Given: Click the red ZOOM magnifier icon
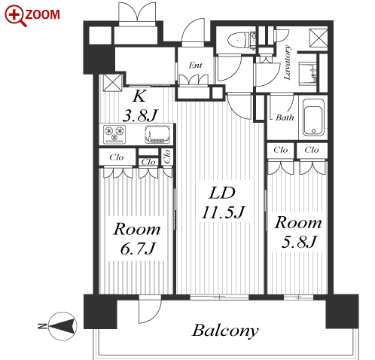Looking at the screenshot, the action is pyautogui.click(x=15, y=16).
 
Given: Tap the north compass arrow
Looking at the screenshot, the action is pyautogui.click(x=63, y=326).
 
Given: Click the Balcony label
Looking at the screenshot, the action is pyautogui.click(x=225, y=331).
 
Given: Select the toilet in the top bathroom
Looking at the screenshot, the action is pyautogui.click(x=242, y=40).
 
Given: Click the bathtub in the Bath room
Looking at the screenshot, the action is pyautogui.click(x=313, y=117).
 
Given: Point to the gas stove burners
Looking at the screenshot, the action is pyautogui.click(x=114, y=133).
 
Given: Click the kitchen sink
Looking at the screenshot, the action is pyautogui.click(x=157, y=134).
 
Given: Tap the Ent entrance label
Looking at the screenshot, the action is pyautogui.click(x=195, y=66).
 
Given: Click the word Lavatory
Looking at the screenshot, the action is pyautogui.click(x=287, y=63).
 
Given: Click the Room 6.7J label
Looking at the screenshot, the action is pyautogui.click(x=137, y=239).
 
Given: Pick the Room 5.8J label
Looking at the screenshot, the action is pyautogui.click(x=298, y=232).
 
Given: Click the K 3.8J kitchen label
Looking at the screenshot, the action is pyautogui.click(x=139, y=106).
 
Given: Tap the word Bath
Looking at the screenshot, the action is pyautogui.click(x=285, y=117).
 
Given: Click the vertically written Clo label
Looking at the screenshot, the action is pyautogui.click(x=167, y=157).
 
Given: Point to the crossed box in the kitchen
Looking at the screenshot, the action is pyautogui.click(x=113, y=83).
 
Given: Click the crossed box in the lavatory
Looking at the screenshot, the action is pyautogui.click(x=319, y=38).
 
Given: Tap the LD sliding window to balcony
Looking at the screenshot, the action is pyautogui.click(x=219, y=297).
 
